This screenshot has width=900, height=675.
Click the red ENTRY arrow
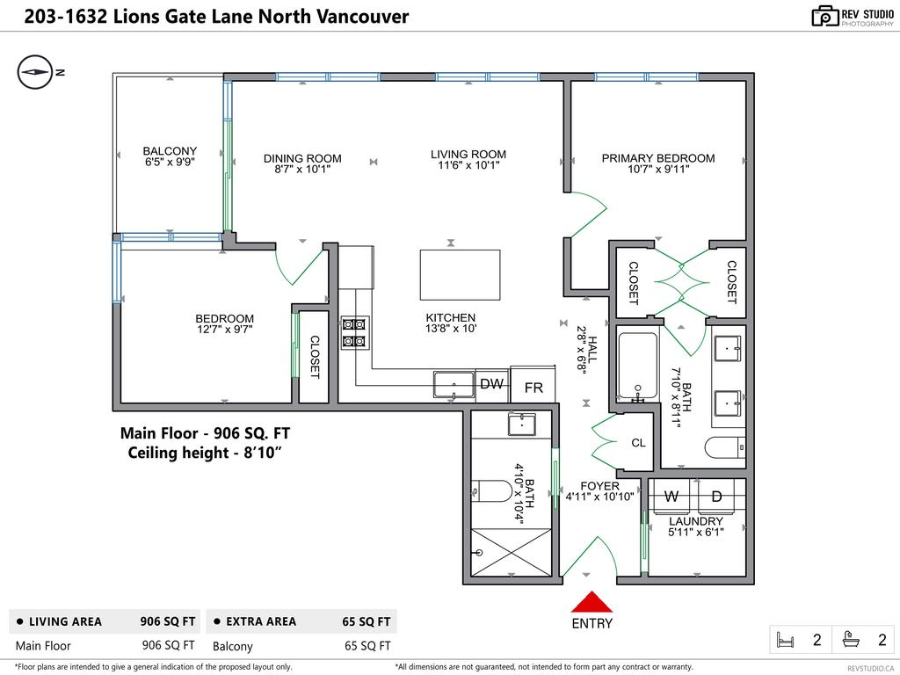coord(592,603)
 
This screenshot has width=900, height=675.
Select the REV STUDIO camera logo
coord(824,15)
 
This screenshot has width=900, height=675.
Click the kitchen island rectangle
coord(460,275)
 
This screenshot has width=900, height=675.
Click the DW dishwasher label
coord(491,384)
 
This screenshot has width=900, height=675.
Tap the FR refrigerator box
coord(533,388)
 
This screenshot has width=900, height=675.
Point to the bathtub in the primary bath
coord(637,366)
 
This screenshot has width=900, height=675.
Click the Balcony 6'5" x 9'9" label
coord(170,156)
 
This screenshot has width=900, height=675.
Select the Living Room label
coord(468,155)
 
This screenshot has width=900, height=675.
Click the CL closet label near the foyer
coord(639,443)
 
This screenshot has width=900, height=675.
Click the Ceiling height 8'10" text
coord(205,453)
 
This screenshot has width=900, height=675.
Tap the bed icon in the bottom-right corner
coord(784,641)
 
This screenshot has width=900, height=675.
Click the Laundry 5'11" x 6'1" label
coord(696,526)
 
